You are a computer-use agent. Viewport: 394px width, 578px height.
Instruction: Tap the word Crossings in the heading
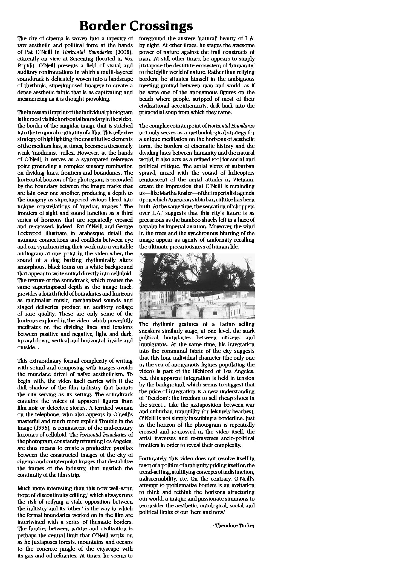coord(161,26)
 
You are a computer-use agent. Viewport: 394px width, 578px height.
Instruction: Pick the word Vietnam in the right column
coord(244,180)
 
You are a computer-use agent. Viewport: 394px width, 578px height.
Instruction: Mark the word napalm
coord(148,227)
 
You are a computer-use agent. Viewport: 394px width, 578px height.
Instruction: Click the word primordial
coord(152,112)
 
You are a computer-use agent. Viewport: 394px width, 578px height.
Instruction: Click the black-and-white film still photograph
coord(197,286)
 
